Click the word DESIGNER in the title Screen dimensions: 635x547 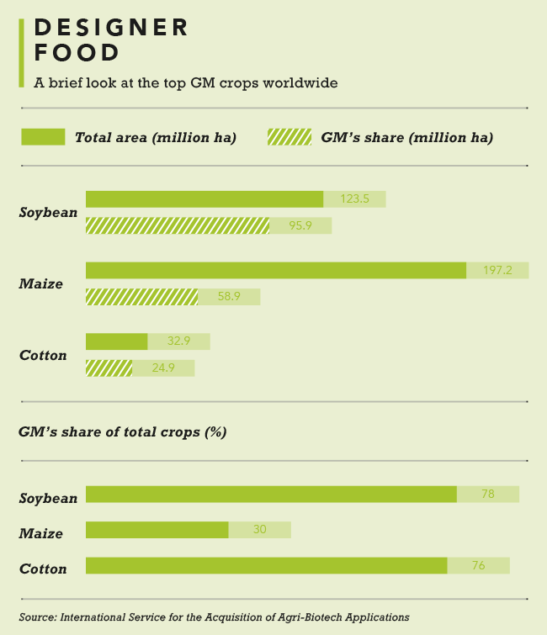(x=112, y=28)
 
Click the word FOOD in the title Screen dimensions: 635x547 (x=77, y=54)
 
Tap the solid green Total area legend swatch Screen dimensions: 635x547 (x=43, y=137)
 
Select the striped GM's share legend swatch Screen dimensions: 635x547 (x=289, y=137)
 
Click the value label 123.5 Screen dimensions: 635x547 (x=355, y=199)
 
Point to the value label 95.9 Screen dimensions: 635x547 (x=300, y=225)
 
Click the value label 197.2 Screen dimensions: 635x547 (x=497, y=270)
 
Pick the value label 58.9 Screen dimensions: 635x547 (x=229, y=297)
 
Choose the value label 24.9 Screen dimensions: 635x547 (x=163, y=368)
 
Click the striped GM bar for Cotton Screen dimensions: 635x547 (x=109, y=368)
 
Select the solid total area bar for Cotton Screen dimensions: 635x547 (x=116, y=341)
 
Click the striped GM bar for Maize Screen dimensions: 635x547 (x=141, y=297)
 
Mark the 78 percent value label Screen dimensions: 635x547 (x=488, y=494)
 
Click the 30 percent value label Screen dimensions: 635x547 (x=259, y=530)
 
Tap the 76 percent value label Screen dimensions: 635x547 (x=478, y=565)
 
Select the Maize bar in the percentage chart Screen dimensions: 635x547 (x=157, y=530)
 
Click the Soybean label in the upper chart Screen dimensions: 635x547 (x=48, y=213)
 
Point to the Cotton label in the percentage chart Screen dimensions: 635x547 (x=43, y=569)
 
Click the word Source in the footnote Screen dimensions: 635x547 (x=36, y=616)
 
